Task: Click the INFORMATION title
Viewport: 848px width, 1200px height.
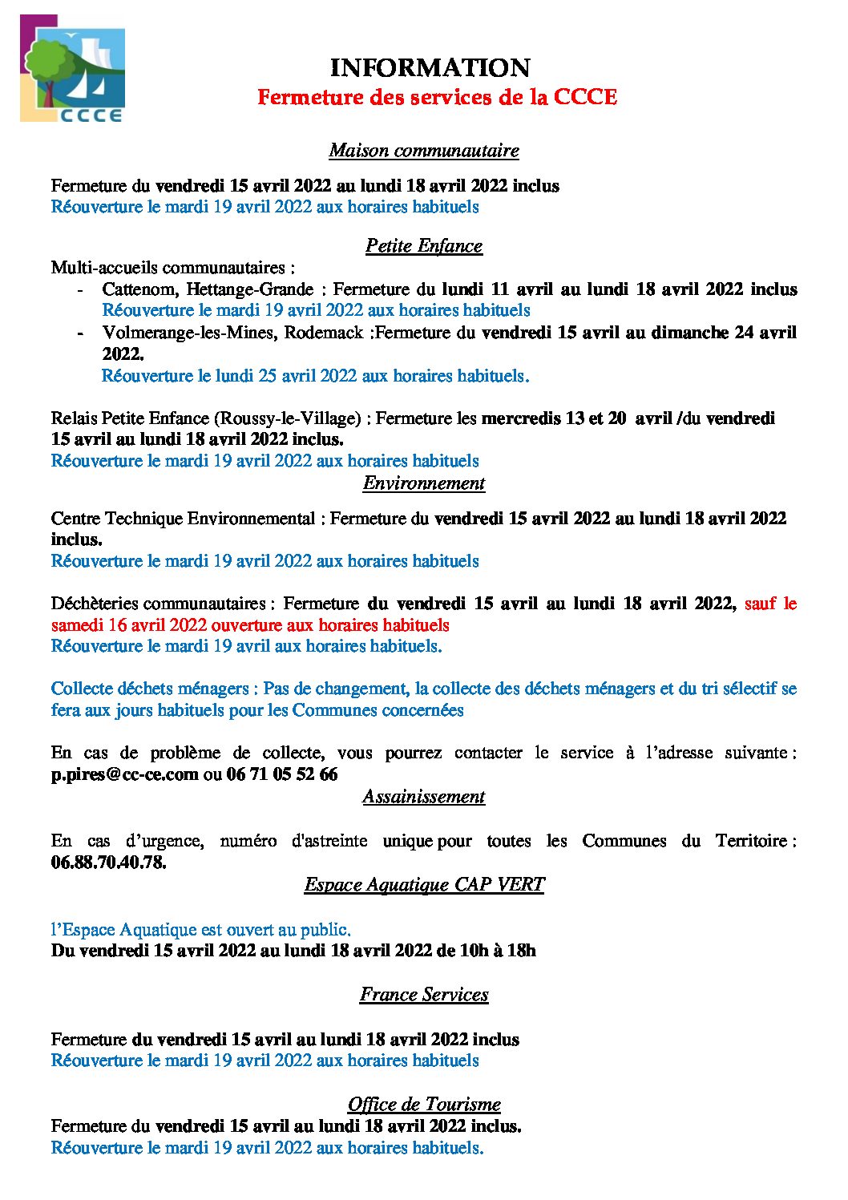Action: [x=430, y=67]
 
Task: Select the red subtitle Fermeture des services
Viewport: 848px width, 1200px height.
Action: [x=437, y=97]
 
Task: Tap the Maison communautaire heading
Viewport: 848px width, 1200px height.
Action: [x=424, y=150]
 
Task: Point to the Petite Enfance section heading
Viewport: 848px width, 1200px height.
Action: [x=424, y=245]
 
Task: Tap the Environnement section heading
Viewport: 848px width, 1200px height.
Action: [x=424, y=483]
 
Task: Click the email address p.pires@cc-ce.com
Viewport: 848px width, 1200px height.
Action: [x=125, y=774]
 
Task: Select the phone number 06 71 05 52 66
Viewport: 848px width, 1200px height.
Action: [x=282, y=774]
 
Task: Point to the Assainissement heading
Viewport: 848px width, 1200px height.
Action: [x=424, y=796]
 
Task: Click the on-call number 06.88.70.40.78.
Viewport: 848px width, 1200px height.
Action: [x=109, y=863]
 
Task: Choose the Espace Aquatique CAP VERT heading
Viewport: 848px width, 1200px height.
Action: [x=424, y=884]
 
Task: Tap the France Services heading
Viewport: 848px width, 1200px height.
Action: [x=424, y=994]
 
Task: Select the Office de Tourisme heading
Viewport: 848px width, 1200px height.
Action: [x=424, y=1104]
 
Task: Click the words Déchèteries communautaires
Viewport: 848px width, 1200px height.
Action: [x=158, y=603]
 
